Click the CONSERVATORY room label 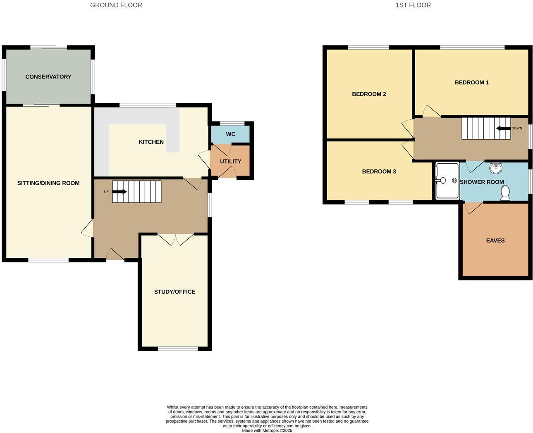point(48,77)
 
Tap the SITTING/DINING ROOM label point(48,183)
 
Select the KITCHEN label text point(151,142)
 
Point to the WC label point(231,134)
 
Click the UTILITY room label point(230,162)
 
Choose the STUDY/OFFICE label point(174,292)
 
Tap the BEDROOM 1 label point(471,83)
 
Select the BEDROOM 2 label point(369,94)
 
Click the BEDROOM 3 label point(379,171)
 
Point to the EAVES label point(495,240)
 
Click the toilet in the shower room point(505,193)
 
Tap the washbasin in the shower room point(495,168)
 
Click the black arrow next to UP point(120,192)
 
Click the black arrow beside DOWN point(503,128)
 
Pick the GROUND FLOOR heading point(116,5)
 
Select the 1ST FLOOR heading point(413,5)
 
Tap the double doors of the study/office point(176,240)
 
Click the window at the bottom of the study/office point(178,349)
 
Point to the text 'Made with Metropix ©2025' point(267,431)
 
